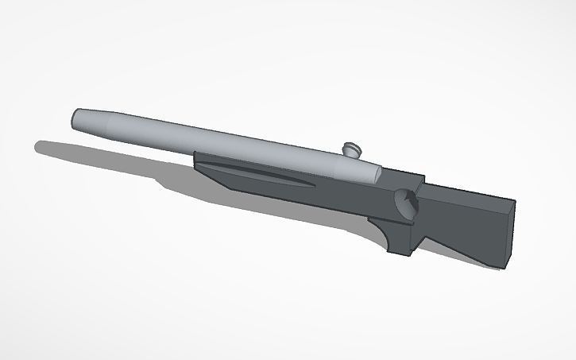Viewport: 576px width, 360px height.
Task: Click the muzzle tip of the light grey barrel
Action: [75, 119]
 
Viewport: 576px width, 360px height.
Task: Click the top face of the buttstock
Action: [469, 195]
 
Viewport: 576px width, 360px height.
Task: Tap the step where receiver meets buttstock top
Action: [421, 184]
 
